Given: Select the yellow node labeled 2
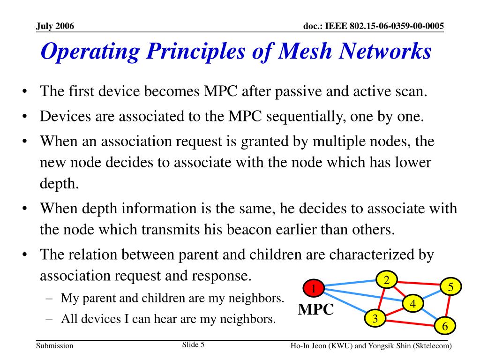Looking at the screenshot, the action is point(387,280).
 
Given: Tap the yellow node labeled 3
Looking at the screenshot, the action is point(375,319).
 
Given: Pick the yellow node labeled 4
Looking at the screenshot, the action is point(413,304).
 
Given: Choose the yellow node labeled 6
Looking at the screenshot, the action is point(445,326).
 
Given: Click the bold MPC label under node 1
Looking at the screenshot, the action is point(316,310).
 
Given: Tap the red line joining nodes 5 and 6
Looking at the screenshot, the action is point(448,307).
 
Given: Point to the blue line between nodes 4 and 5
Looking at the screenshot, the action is point(431,296).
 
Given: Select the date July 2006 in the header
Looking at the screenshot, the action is point(55,26).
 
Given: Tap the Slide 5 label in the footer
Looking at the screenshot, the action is point(193,345).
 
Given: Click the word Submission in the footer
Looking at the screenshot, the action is point(55,346).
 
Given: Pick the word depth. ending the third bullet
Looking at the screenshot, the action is point(59,183).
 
